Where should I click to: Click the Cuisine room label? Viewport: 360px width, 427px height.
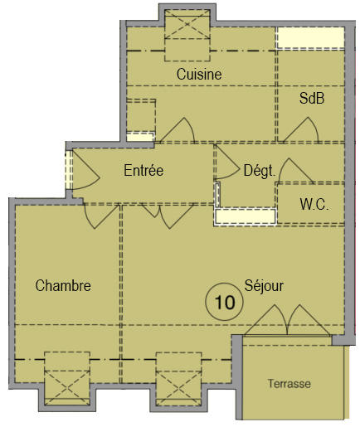coord(199,74)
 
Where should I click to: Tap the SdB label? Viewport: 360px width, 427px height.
coord(311,98)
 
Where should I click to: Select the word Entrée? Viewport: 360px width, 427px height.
coord(144,171)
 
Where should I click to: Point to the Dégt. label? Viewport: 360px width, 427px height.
coord(259,171)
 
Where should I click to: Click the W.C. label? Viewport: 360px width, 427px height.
coord(314,204)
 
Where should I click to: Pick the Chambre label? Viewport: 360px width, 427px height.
coord(63,286)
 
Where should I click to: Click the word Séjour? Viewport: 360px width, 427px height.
coord(264,286)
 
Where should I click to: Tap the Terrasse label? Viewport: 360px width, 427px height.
coord(289,384)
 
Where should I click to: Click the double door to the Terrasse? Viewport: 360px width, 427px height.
coord(285,320)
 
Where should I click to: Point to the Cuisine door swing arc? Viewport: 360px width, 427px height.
coord(178,129)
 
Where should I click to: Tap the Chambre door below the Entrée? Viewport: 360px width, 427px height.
coord(100,215)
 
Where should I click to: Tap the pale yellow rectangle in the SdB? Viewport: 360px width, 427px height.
coord(309,37)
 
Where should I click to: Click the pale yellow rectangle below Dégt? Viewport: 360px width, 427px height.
coord(245,217)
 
